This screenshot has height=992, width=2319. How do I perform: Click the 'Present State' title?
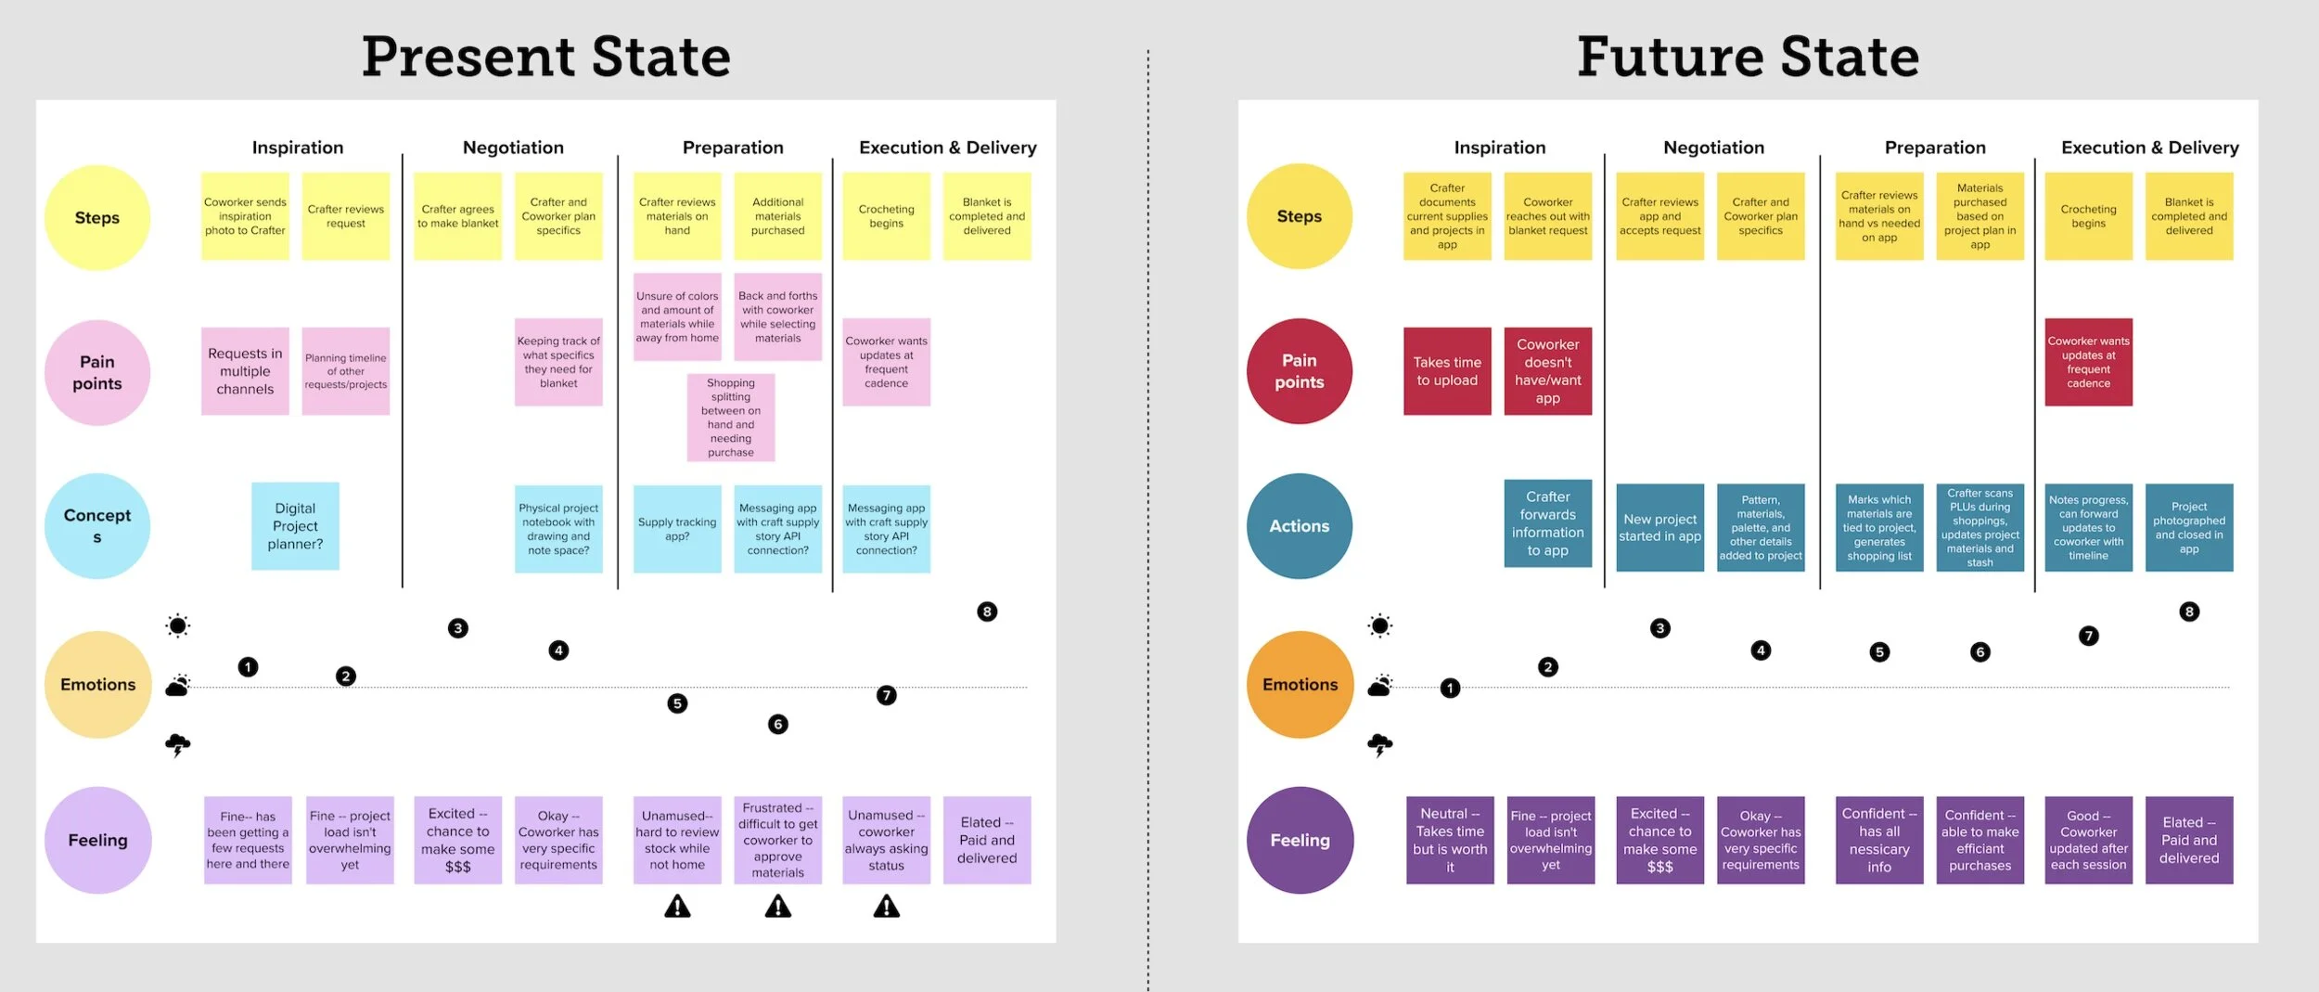point(545,57)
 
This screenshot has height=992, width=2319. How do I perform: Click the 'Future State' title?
point(1748,57)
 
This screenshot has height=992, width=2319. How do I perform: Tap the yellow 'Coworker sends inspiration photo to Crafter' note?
point(245,216)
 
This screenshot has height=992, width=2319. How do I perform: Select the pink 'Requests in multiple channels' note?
point(245,371)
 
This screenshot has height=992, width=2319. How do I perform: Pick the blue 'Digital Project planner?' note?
point(295,526)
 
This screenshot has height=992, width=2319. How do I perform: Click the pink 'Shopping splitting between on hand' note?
point(731,418)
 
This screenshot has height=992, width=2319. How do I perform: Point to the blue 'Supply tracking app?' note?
point(677,529)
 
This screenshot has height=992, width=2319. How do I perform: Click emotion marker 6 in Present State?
point(778,724)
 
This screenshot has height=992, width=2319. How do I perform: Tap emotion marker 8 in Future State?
point(2189,612)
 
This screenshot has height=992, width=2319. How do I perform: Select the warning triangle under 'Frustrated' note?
point(778,907)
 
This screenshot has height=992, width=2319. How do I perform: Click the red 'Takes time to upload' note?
point(1447,371)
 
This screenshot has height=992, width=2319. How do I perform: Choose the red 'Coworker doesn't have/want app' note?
point(1548,371)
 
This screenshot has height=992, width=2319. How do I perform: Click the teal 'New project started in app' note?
point(1660,527)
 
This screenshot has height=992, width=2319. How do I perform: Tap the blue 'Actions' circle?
point(1300,526)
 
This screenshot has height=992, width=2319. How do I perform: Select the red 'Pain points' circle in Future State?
point(1300,371)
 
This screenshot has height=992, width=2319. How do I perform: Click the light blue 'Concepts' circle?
point(97,526)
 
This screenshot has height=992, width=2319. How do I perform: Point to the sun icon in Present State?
point(178,625)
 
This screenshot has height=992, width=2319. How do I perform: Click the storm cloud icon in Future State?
point(1380,744)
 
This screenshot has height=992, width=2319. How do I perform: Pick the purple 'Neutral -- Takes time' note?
point(1450,840)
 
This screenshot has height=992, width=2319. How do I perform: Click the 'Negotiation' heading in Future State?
point(1713,148)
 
